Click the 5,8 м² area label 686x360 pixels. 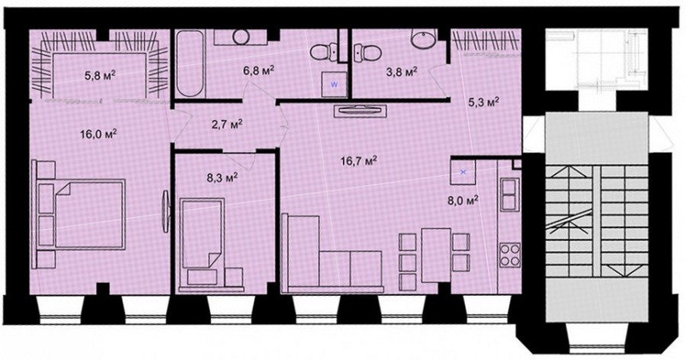pos(100,76)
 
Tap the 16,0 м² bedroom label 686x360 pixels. pos(98,133)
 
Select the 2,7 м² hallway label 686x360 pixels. pos(227,125)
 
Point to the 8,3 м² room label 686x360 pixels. pos(223,177)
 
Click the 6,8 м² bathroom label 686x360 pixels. pos(259,70)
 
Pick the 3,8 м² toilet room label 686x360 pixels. pos(401,72)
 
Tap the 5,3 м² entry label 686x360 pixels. pos(483,103)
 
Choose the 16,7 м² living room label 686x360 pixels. pos(359,162)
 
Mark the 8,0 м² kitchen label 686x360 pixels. pos(462,201)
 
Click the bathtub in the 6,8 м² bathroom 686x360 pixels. pos(191,63)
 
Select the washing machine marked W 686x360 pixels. pos(334,85)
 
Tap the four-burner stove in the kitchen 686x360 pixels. pos(510,255)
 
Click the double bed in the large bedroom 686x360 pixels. pos(90,214)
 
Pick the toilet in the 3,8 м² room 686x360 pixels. pos(366,52)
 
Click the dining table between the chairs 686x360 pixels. pos(436,255)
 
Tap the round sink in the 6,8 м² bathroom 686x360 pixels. pos(241,37)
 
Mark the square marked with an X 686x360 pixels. pos(463,172)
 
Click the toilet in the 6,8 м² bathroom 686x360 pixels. pos(325,53)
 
